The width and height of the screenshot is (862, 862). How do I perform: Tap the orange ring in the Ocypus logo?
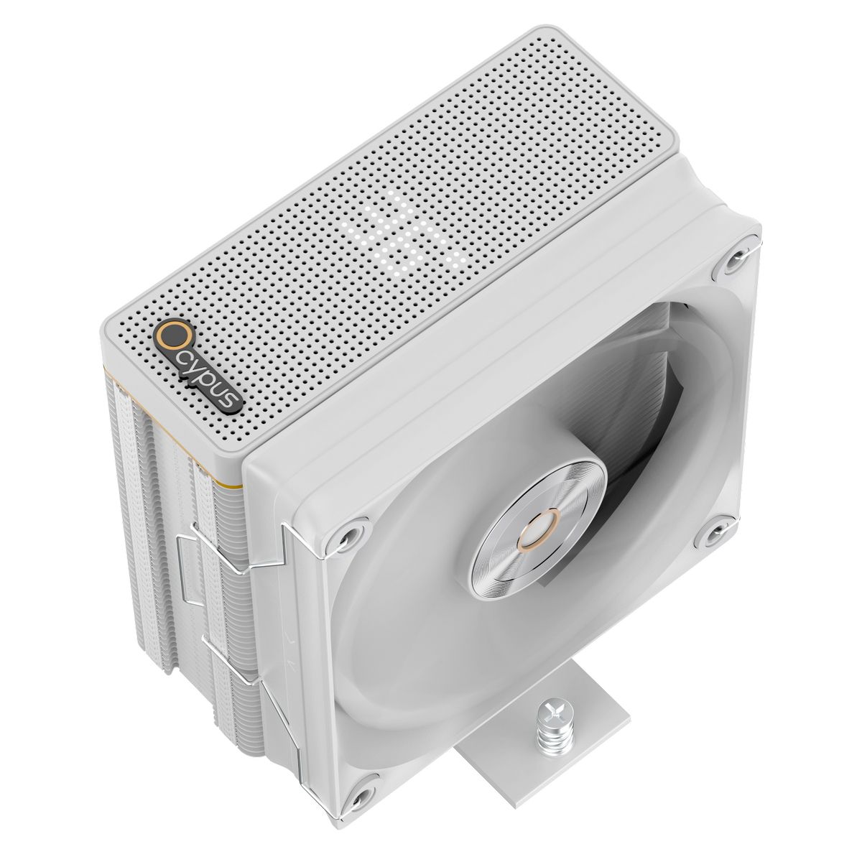(170, 336)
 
